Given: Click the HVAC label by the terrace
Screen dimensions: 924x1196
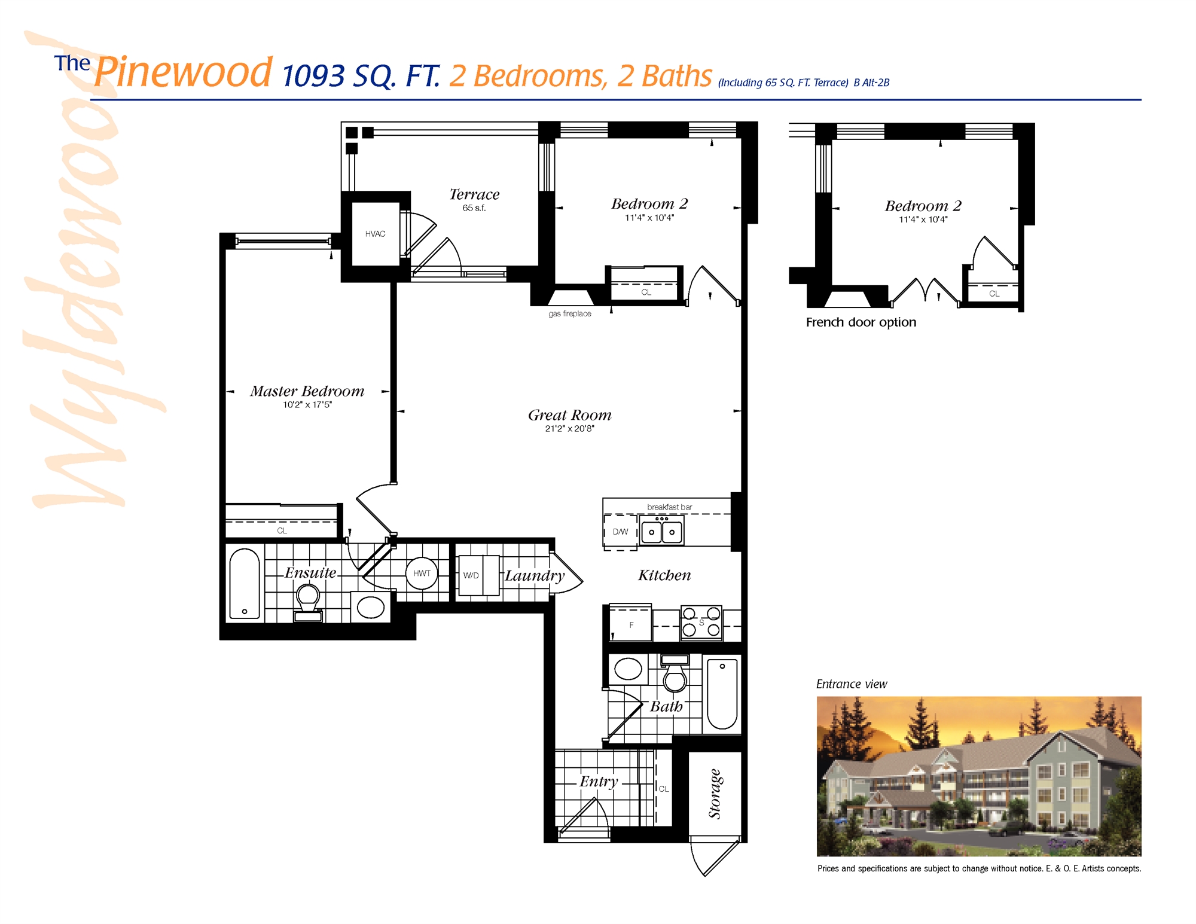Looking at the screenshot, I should click(375, 234).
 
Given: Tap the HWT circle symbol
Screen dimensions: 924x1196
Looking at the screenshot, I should click(422, 573).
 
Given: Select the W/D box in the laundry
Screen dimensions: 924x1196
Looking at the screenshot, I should click(472, 575).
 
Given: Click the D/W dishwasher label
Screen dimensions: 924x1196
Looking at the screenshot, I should click(620, 532).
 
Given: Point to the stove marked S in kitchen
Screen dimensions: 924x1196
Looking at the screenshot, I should click(701, 623).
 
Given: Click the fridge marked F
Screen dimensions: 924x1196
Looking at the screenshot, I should click(631, 625).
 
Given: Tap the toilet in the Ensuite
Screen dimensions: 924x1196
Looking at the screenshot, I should click(308, 601).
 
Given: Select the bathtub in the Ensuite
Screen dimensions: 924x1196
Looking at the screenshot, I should click(245, 584).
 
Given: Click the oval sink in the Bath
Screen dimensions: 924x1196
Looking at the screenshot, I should click(628, 669).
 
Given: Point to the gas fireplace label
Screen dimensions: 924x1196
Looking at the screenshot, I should click(569, 313).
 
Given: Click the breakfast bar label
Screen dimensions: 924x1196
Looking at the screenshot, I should click(669, 507).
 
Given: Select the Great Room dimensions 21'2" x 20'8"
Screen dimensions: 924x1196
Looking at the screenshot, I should click(569, 429).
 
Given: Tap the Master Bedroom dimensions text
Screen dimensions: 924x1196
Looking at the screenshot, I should click(307, 405).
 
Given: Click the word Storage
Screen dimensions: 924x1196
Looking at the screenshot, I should click(715, 794).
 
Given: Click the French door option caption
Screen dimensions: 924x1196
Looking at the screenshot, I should click(861, 322).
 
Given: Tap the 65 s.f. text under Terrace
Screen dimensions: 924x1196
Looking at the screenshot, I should click(474, 208).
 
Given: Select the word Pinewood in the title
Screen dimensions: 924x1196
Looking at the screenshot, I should click(184, 72).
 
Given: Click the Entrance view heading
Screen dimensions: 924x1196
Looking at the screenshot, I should click(851, 684).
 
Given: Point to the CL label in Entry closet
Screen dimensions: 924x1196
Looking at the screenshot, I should click(664, 789).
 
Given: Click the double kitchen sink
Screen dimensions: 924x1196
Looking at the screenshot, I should click(661, 532).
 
